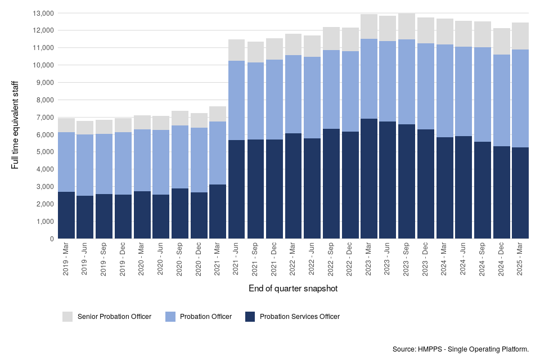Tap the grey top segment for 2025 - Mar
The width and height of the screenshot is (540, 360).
(x=520, y=36)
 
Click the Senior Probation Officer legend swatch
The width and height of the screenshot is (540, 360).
(x=67, y=317)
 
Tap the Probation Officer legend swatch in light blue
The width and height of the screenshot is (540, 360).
(x=170, y=317)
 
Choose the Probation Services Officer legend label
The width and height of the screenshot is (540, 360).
(x=299, y=317)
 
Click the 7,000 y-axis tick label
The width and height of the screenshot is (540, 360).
(x=44, y=117)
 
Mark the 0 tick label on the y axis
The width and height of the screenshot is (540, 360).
(x=52, y=238)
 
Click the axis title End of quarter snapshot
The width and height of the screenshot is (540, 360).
(x=293, y=289)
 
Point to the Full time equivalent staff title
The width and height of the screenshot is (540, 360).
(x=15, y=125)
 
